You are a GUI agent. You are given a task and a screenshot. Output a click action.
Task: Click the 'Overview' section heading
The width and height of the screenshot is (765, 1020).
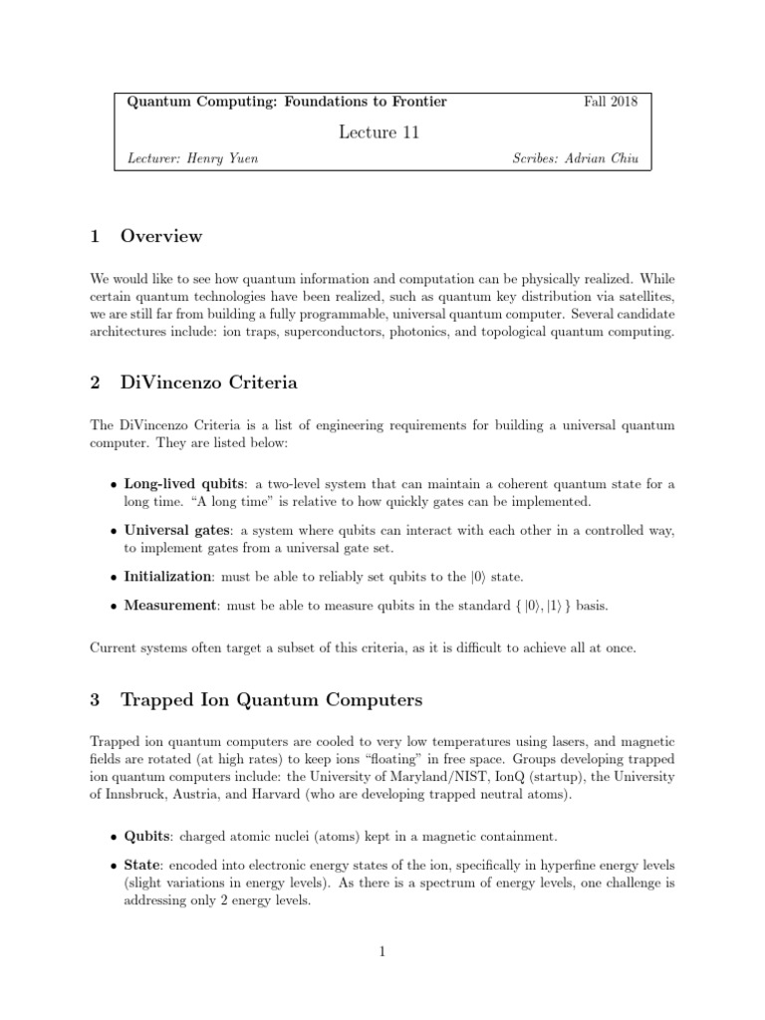[160, 236]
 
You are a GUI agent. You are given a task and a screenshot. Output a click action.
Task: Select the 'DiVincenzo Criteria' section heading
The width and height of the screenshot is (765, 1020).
[208, 382]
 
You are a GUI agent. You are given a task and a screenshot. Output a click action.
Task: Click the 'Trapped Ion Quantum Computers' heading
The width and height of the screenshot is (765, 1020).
[271, 700]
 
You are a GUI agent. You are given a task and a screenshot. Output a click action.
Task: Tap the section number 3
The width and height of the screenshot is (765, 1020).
[95, 700]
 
